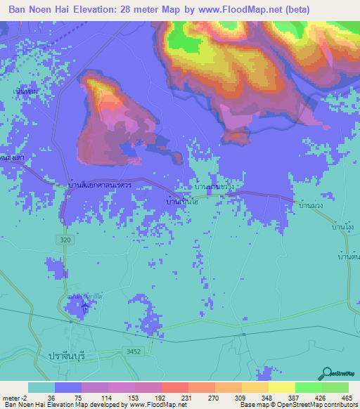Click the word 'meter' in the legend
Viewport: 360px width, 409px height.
13,397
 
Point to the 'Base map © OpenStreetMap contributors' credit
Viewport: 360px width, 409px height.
298,405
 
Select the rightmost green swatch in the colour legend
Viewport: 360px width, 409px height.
335,387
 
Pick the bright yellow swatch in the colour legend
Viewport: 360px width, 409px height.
282,387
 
